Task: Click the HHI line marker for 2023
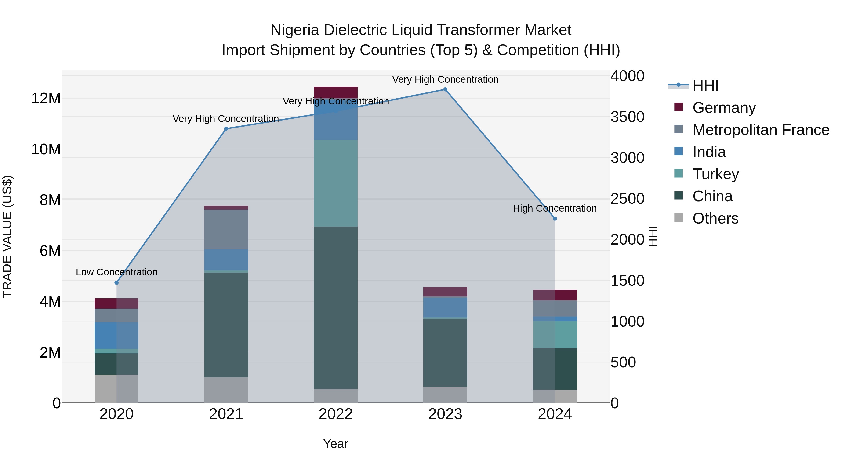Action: (x=445, y=89)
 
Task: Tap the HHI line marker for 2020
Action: (x=117, y=283)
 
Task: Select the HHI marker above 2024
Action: (x=555, y=219)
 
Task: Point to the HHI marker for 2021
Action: (x=226, y=129)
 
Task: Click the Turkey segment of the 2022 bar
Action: (x=336, y=183)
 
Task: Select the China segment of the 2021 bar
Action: (x=226, y=325)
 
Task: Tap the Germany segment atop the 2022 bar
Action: (x=336, y=92)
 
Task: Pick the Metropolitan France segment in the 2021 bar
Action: (x=226, y=229)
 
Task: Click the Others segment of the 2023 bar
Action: (x=445, y=395)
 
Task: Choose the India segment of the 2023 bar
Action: (x=445, y=307)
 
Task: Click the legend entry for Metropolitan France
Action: (x=761, y=130)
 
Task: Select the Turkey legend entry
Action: (x=715, y=174)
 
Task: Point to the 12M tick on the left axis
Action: (x=46, y=99)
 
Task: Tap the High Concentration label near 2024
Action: (x=555, y=208)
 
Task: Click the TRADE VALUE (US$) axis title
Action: (x=7, y=236)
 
